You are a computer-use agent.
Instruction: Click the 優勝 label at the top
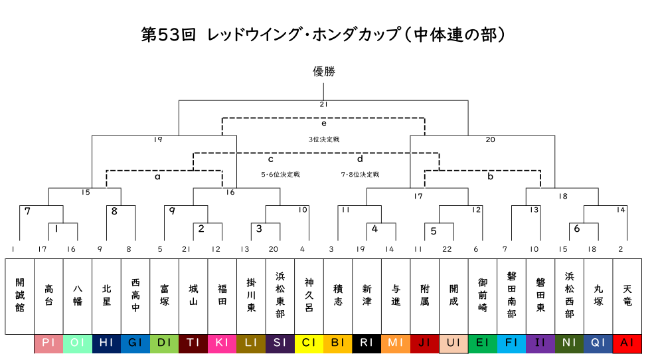coord(323,71)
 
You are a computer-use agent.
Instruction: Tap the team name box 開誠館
coord(20,296)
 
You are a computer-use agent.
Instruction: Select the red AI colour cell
coord(627,343)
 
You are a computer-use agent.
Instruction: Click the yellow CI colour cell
coord(309,343)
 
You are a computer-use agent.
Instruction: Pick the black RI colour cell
coord(367,343)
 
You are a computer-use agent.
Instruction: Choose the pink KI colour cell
coord(222,343)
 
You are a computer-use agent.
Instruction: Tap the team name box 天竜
coord(627,296)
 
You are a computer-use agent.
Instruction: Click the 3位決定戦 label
coord(323,139)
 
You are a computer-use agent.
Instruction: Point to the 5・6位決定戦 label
coord(280,175)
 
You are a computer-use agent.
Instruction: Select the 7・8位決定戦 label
coord(360,175)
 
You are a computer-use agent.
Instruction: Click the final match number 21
coord(323,104)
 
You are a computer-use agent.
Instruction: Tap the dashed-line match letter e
coord(323,123)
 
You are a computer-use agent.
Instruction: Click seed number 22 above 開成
coord(447,249)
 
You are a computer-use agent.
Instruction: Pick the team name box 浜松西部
coord(569,296)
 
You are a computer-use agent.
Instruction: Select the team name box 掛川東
coord(251,296)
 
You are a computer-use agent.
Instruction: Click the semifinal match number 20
coord(490,139)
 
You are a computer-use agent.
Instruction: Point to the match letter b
coord(490,176)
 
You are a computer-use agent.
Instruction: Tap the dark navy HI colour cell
coord(106,343)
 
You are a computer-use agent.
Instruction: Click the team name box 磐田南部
coord(511,296)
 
